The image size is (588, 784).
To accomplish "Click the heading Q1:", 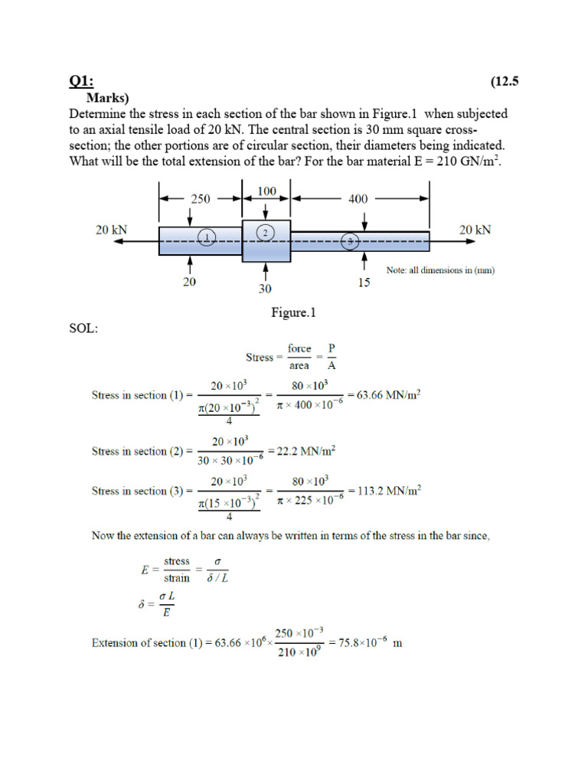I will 80,82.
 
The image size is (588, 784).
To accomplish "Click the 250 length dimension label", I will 199,198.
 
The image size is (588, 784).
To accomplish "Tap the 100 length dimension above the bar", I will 266,191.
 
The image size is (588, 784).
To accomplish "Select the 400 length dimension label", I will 358,198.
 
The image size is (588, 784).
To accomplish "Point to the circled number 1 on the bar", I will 207,238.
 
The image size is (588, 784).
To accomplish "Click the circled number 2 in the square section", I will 265,232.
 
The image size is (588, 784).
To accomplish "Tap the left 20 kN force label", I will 111,230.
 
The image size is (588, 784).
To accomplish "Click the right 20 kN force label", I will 475,230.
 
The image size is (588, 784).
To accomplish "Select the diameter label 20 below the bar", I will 189,282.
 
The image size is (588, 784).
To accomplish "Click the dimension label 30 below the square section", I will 265,290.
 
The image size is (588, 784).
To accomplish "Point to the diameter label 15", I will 364,283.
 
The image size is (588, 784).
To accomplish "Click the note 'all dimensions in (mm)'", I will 439,269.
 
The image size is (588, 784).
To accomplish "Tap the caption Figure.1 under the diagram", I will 293,312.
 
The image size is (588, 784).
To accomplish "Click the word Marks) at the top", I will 108,98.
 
